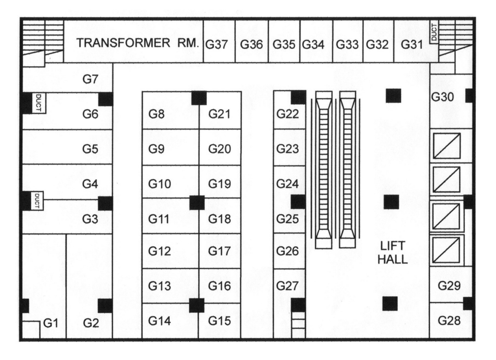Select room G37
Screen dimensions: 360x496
[x=218, y=44]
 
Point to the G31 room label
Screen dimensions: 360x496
[x=411, y=44]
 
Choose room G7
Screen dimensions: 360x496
[x=90, y=79]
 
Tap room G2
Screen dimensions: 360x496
[x=91, y=323]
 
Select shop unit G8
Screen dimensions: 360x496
[x=156, y=115]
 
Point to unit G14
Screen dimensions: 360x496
[x=159, y=321]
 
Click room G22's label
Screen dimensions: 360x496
[x=287, y=115]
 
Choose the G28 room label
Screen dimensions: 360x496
[x=449, y=321]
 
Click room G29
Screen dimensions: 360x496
[x=449, y=286]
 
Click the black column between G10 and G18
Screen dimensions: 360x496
[x=197, y=202]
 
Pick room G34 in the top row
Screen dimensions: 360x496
[x=313, y=44]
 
